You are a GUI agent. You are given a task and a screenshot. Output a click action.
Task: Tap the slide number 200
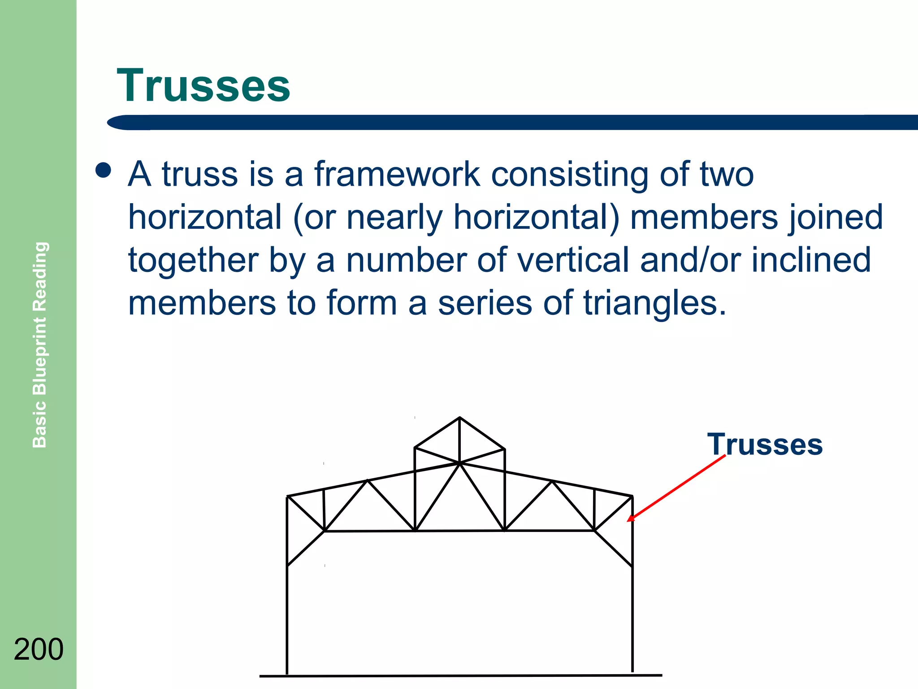pos(39,649)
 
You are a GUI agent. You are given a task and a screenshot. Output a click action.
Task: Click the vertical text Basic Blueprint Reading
pos(40,344)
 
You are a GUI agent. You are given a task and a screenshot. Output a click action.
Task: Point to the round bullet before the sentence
pos(104,170)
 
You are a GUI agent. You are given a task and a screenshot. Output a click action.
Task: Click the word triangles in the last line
pos(654,303)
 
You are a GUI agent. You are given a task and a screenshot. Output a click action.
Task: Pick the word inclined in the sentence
pos(811,260)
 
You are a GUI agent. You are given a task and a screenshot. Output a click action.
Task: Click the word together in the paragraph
pos(193,261)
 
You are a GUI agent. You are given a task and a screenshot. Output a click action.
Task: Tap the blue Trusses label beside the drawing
pos(765,445)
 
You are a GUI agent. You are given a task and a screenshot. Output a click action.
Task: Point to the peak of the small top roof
pos(459,418)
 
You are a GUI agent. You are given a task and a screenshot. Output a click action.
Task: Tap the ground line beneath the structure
pos(460,676)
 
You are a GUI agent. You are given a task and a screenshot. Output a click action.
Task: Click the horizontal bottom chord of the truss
pos(459,531)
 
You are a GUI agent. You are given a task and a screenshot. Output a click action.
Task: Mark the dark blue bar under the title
pos(511,122)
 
